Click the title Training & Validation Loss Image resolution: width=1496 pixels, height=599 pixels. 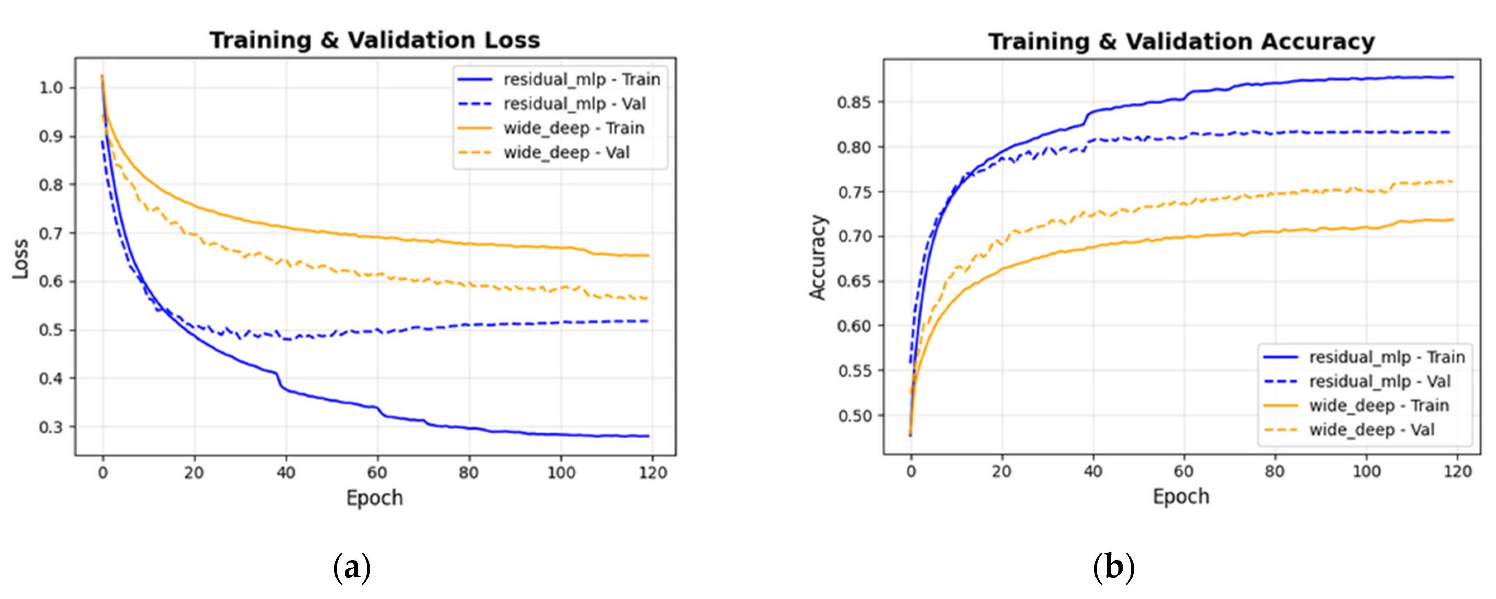[x=375, y=41]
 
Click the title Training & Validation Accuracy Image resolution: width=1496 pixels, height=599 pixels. [x=1181, y=42]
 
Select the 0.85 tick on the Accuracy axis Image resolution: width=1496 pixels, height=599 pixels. [x=854, y=103]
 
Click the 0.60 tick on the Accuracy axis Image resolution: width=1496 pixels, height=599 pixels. [x=854, y=326]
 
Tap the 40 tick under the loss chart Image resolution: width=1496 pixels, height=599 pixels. [x=286, y=473]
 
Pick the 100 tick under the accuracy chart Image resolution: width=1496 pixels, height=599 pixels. [x=1367, y=471]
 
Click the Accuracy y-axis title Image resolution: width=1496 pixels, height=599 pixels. [x=818, y=258]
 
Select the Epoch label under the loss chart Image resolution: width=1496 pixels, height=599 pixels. [x=375, y=498]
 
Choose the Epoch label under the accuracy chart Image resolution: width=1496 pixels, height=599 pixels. [x=1181, y=497]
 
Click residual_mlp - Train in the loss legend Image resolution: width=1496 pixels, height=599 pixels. [x=581, y=79]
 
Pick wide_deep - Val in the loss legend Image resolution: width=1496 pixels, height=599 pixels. [x=566, y=153]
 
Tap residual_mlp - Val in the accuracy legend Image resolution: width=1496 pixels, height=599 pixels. [x=1379, y=381]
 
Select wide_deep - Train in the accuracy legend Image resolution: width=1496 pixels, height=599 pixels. [x=1379, y=406]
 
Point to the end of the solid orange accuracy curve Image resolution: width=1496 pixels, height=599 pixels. [x=1453, y=220]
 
